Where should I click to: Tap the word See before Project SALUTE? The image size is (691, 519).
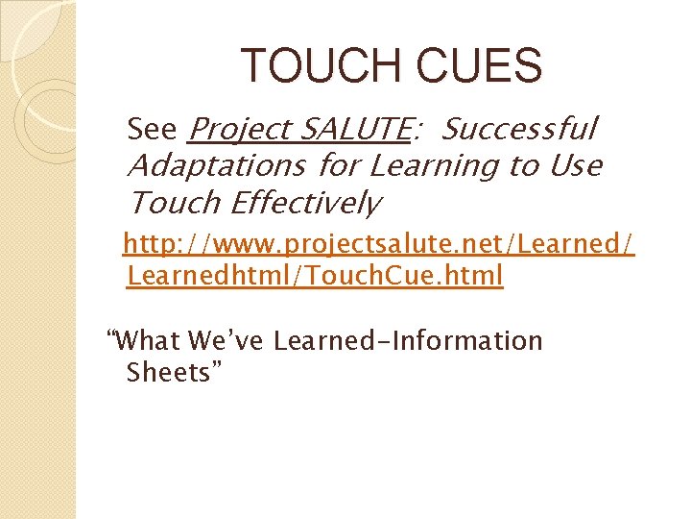[x=153, y=128]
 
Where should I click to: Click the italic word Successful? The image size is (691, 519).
[x=520, y=128]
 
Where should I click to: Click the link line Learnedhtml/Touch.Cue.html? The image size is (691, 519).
[x=315, y=277]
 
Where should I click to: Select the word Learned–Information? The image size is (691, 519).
[x=408, y=341]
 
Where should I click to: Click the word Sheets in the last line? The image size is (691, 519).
[x=174, y=373]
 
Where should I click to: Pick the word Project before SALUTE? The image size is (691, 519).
[x=240, y=128]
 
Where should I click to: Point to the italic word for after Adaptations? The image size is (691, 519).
[x=337, y=165]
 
